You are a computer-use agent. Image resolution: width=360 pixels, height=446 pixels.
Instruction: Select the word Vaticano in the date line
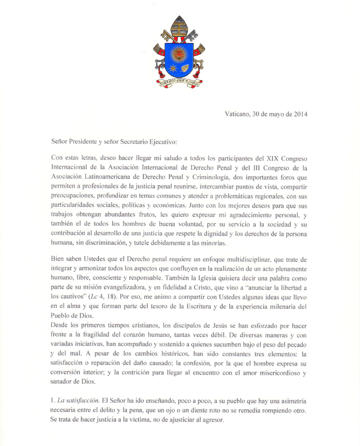tap(239, 114)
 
